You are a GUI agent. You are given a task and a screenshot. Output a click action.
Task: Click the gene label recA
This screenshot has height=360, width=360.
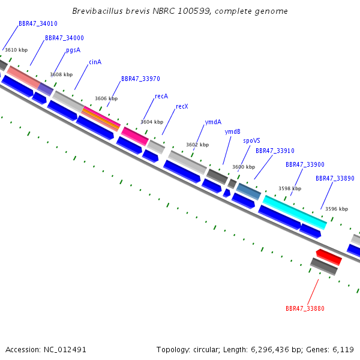click(x=161, y=96)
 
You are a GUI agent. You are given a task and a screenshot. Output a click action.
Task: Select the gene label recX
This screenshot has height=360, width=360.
click(x=182, y=107)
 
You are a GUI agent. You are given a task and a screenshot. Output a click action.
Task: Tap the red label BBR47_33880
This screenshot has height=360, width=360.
click(x=305, y=308)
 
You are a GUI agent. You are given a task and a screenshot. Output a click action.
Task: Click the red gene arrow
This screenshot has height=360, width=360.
click(x=329, y=257)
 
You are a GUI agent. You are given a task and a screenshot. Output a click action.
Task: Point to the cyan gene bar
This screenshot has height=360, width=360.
click(x=295, y=212)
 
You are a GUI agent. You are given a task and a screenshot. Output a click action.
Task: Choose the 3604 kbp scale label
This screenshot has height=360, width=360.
click(x=152, y=122)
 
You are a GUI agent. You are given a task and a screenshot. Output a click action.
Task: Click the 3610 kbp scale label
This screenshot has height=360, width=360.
click(x=16, y=50)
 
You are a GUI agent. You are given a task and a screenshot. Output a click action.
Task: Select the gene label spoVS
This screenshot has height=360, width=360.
click(x=251, y=141)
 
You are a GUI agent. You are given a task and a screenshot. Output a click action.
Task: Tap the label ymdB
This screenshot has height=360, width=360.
click(x=232, y=131)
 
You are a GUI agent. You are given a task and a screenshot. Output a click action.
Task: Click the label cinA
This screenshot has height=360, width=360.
click(x=95, y=62)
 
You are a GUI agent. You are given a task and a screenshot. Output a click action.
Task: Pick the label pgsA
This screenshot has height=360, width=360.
click(x=73, y=50)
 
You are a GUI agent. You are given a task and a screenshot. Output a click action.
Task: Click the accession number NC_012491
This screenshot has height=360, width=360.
click(x=65, y=350)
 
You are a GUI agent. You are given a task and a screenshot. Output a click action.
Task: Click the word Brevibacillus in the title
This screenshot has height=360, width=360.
click(x=97, y=11)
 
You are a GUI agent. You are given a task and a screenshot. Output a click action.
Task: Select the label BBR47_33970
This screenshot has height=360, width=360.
click(x=140, y=79)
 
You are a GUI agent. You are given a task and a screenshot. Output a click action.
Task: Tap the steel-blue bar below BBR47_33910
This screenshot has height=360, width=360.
click(x=248, y=191)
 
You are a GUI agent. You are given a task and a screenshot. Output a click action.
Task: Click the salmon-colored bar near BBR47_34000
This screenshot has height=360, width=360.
click(x=23, y=77)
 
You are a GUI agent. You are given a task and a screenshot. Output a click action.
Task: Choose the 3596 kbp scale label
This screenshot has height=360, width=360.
click(x=337, y=209)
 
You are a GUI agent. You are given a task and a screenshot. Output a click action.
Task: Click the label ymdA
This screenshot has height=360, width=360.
click(x=213, y=122)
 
